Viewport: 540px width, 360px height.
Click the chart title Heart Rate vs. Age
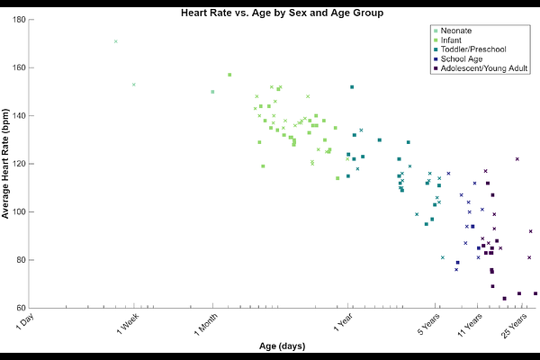[282, 13]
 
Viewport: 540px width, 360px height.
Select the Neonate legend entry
[453, 31]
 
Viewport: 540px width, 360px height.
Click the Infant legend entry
[447, 40]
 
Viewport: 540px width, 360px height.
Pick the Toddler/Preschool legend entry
[470, 49]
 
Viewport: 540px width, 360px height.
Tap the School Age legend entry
[458, 58]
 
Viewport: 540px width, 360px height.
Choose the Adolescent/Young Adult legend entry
[481, 68]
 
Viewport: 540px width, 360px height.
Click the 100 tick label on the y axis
[20, 211]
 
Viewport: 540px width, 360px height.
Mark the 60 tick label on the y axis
[22, 308]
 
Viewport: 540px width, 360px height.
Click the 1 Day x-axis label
[25, 321]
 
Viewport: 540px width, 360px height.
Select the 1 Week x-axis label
[128, 323]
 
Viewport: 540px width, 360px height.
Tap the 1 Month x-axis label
[205, 324]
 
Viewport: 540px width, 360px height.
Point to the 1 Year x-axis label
[343, 322]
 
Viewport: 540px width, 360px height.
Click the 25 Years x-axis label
[514, 326]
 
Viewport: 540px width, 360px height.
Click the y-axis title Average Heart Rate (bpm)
[5, 164]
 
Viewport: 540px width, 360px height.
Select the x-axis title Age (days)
[282, 346]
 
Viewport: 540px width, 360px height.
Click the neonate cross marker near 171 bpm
[116, 41]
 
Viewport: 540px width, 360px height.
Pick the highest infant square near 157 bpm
[229, 75]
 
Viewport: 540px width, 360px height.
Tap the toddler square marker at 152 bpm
[352, 87]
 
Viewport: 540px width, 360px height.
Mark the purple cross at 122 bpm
[517, 159]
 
